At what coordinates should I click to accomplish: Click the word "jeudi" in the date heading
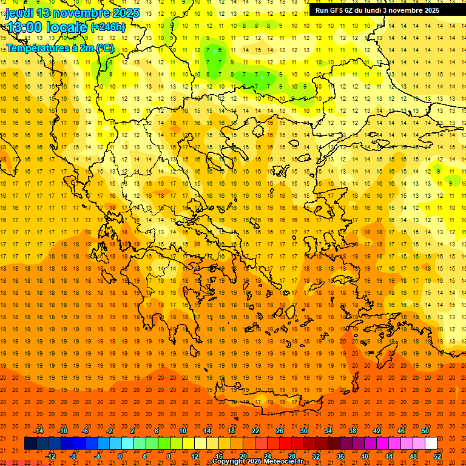tap(19, 13)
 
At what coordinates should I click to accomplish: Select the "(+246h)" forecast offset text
tap(107, 27)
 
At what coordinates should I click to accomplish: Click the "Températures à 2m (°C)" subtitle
tap(59, 48)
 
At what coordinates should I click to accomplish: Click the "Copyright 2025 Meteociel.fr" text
tap(266, 462)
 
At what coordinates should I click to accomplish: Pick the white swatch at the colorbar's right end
tap(431, 444)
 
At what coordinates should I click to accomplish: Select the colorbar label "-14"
tap(38, 431)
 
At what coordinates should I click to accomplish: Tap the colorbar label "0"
tap(120, 456)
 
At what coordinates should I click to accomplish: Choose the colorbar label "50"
tap(425, 431)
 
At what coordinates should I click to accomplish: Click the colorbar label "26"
tap(280, 431)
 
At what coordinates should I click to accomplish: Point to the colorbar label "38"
tap(353, 431)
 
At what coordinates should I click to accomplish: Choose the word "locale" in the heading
tap(64, 27)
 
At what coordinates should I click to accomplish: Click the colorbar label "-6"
tap(86, 431)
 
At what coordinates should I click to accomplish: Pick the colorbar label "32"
tap(316, 456)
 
